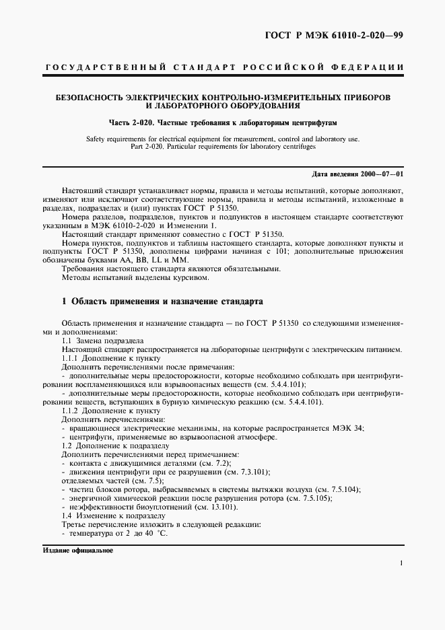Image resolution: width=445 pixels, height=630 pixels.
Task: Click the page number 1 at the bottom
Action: click(x=401, y=564)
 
